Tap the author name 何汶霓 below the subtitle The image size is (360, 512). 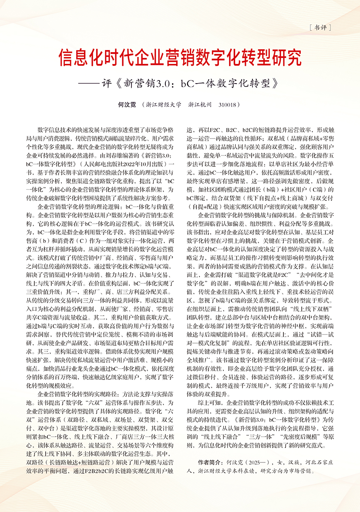(127, 105)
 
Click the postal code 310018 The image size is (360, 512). (230, 105)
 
